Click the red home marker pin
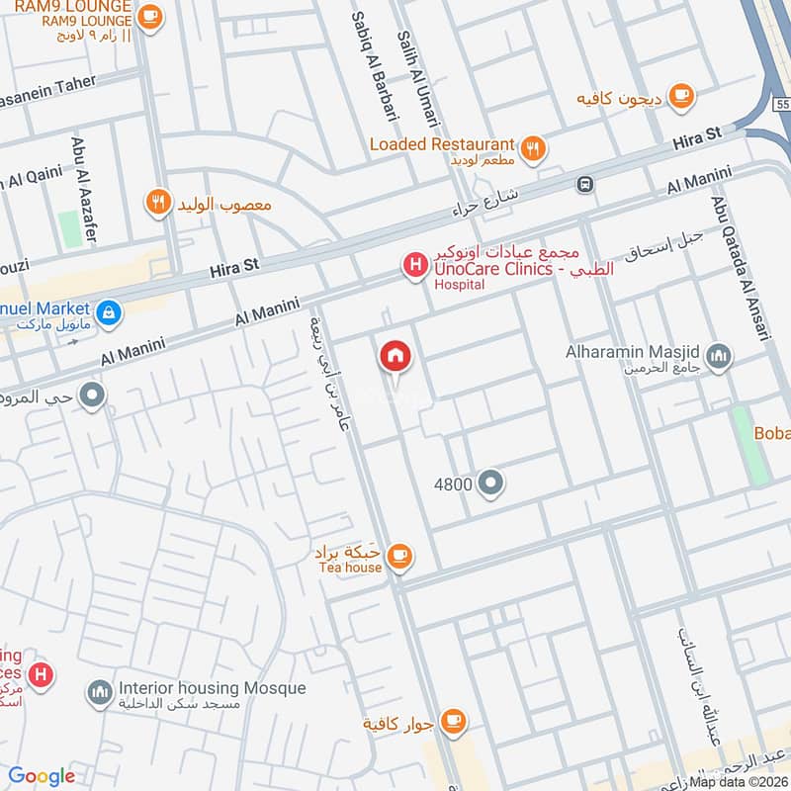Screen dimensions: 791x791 point(395,356)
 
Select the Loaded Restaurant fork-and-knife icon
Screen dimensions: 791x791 point(533,149)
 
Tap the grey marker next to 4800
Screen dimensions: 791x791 point(490,483)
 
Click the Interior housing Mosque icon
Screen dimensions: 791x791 point(99,693)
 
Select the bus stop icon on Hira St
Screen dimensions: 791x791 point(585,184)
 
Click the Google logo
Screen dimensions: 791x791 point(42,776)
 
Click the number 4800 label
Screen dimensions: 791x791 point(453,484)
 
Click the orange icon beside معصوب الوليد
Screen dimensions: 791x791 point(157,204)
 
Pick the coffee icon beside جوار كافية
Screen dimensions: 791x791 point(454,720)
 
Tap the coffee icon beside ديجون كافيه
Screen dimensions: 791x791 point(680,95)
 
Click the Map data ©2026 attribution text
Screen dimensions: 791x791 point(738,781)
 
